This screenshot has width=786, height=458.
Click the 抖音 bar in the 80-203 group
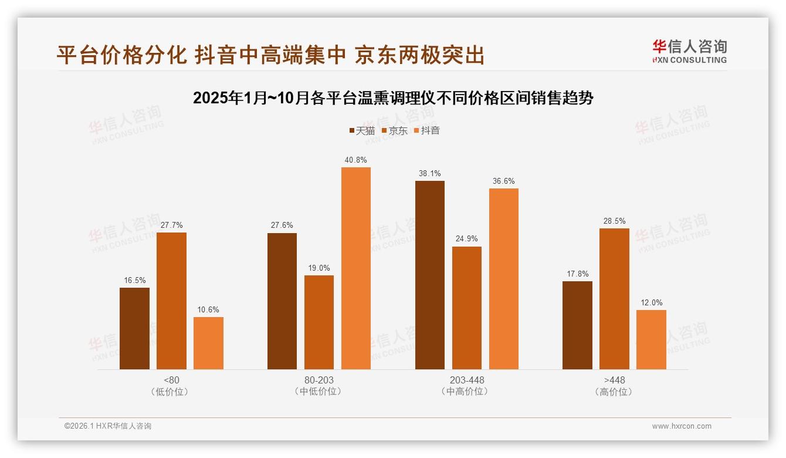point(356,268)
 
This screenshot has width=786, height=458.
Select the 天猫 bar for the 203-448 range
point(430,275)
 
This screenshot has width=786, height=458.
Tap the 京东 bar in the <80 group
point(171,301)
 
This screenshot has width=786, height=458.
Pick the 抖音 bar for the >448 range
point(651,339)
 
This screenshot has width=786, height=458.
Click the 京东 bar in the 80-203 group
point(319,322)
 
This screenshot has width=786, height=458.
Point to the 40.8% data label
point(356,160)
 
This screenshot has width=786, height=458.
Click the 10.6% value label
point(208,309)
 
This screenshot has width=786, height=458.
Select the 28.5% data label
point(614,221)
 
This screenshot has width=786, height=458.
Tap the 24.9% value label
point(467,239)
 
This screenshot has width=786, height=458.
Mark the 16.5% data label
point(134,280)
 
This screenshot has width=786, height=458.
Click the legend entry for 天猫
point(362,131)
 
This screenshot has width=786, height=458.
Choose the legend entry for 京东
point(395,131)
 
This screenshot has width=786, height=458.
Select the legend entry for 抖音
point(427,131)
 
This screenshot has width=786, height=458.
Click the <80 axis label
point(172,380)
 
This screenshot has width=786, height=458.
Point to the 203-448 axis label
point(467,380)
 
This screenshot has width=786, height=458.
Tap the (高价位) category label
point(614,392)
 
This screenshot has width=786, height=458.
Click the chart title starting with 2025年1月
point(393,98)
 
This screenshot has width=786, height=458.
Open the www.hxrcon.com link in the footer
point(682,426)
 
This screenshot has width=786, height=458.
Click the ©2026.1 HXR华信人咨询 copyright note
point(108,426)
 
